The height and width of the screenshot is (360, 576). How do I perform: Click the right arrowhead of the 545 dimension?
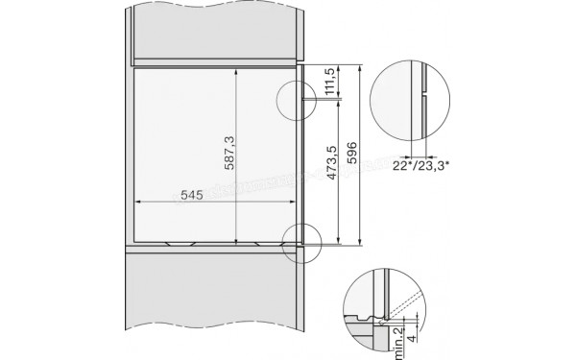294,203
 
